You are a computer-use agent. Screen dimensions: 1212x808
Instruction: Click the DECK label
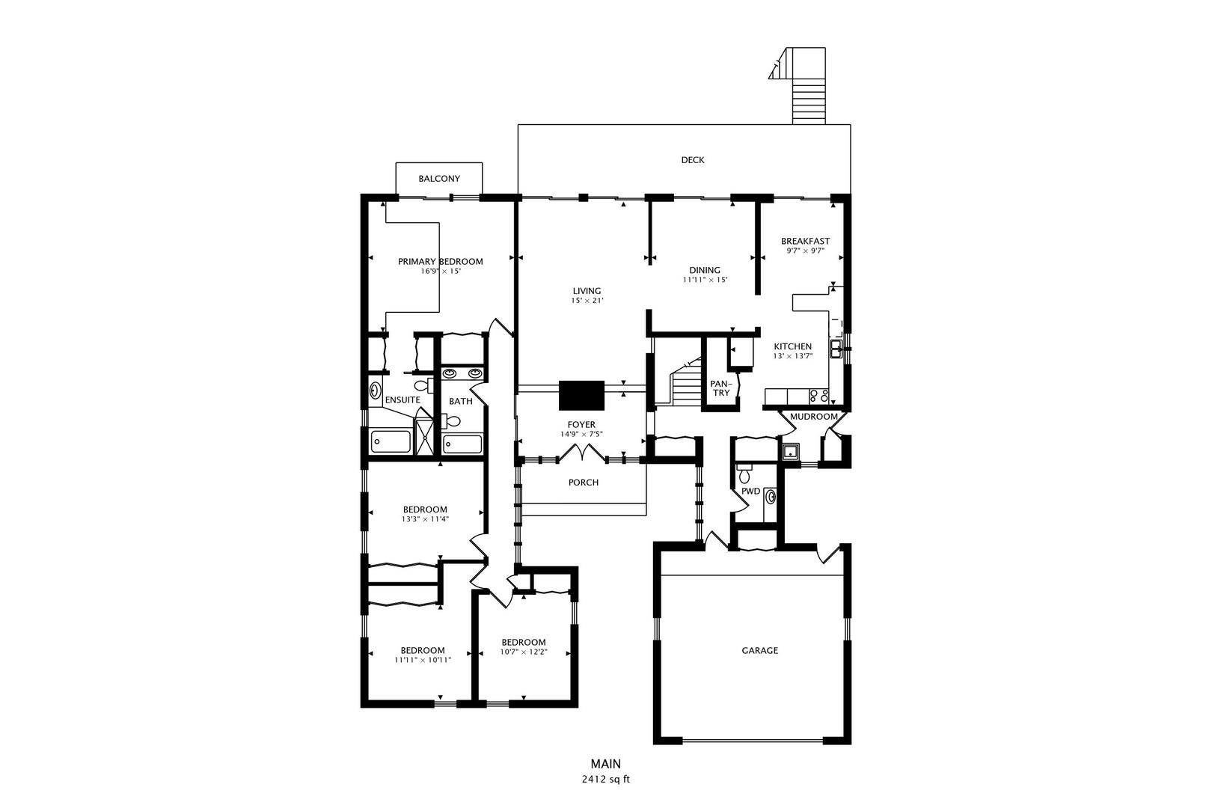coord(693,160)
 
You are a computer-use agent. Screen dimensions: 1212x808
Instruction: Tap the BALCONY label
coord(439,179)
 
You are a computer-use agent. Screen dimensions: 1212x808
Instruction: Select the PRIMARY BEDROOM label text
coord(441,262)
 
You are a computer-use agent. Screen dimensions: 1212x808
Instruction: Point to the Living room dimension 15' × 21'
coord(587,301)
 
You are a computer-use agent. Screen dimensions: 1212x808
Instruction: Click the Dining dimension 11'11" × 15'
coord(705,281)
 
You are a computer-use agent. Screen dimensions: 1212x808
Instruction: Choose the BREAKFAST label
coord(805,242)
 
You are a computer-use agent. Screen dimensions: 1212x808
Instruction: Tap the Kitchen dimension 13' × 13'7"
coord(793,356)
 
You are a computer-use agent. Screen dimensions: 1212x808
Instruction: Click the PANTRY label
coord(720,388)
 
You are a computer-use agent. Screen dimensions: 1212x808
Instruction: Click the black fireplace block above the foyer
coord(581,396)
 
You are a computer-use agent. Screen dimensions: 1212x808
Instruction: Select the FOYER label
coord(581,425)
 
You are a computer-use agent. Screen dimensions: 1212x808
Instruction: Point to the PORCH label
coord(584,483)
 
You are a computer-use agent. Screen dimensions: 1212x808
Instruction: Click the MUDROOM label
coord(814,417)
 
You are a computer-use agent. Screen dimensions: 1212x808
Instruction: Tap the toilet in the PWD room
coord(744,474)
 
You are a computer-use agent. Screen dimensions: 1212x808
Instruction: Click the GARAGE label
coord(759,650)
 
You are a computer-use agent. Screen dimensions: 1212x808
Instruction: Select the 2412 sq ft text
coord(606,780)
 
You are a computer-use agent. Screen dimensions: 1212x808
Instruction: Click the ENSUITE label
coord(403,400)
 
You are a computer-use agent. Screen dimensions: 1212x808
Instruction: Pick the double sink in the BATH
coord(462,373)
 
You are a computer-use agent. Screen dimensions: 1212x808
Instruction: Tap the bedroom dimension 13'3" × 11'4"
coord(425,519)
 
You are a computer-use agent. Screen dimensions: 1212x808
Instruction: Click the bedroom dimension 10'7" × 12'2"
coord(524,652)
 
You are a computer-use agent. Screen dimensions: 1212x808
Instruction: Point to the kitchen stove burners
coord(818,397)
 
